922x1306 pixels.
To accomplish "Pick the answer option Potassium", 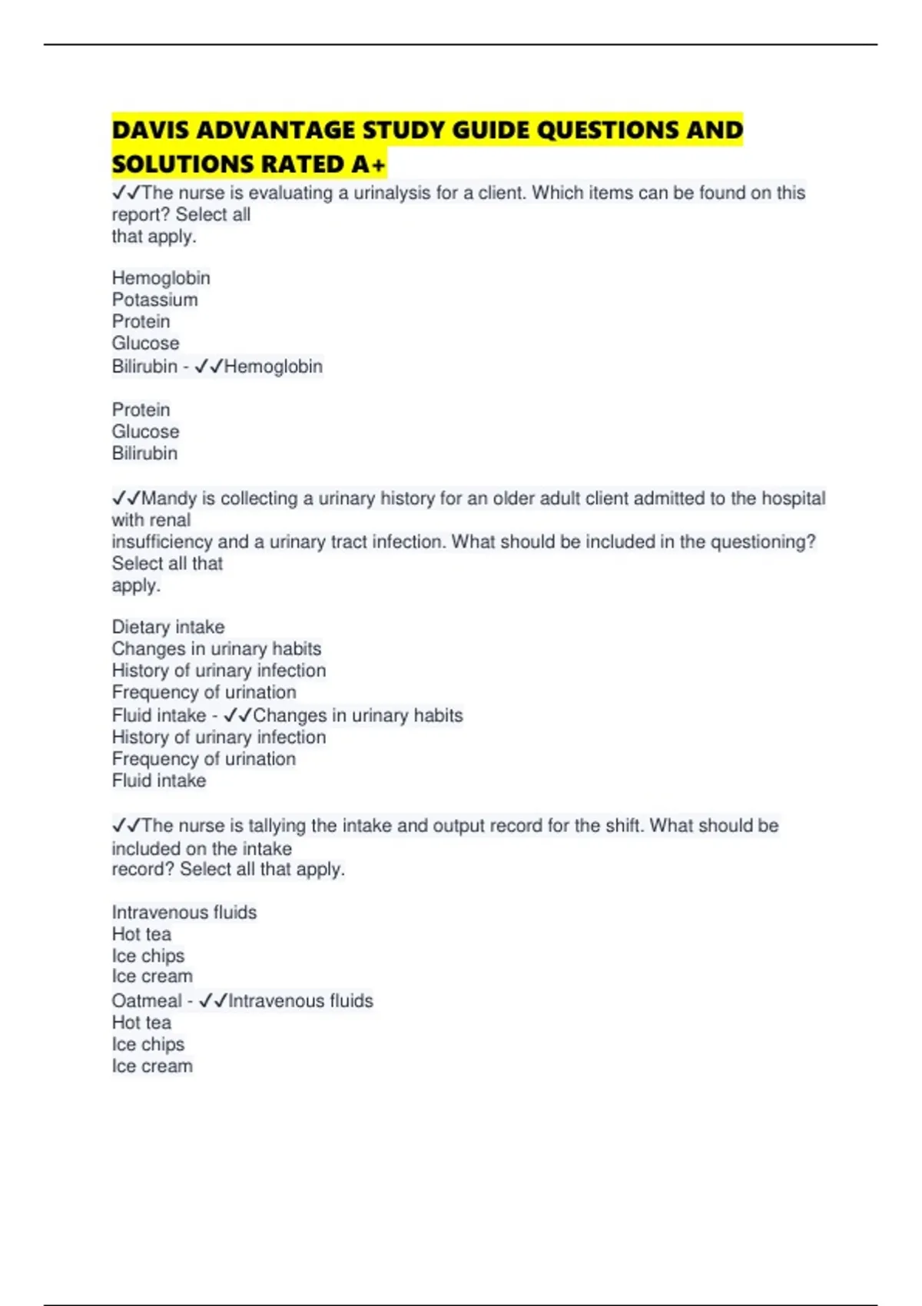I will coord(154,300).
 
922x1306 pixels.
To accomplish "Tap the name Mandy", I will coord(169,499).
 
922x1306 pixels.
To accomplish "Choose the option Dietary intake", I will coord(168,627).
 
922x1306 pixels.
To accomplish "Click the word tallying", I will coord(277,826).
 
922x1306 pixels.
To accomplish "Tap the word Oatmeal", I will coord(147,1001).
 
